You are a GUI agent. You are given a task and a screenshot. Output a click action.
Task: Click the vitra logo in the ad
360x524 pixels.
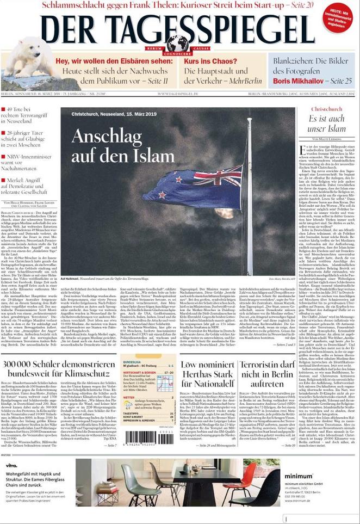click(x=11, y=466)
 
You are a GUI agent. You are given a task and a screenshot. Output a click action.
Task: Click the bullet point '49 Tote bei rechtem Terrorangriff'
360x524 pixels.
click(x=27, y=113)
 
